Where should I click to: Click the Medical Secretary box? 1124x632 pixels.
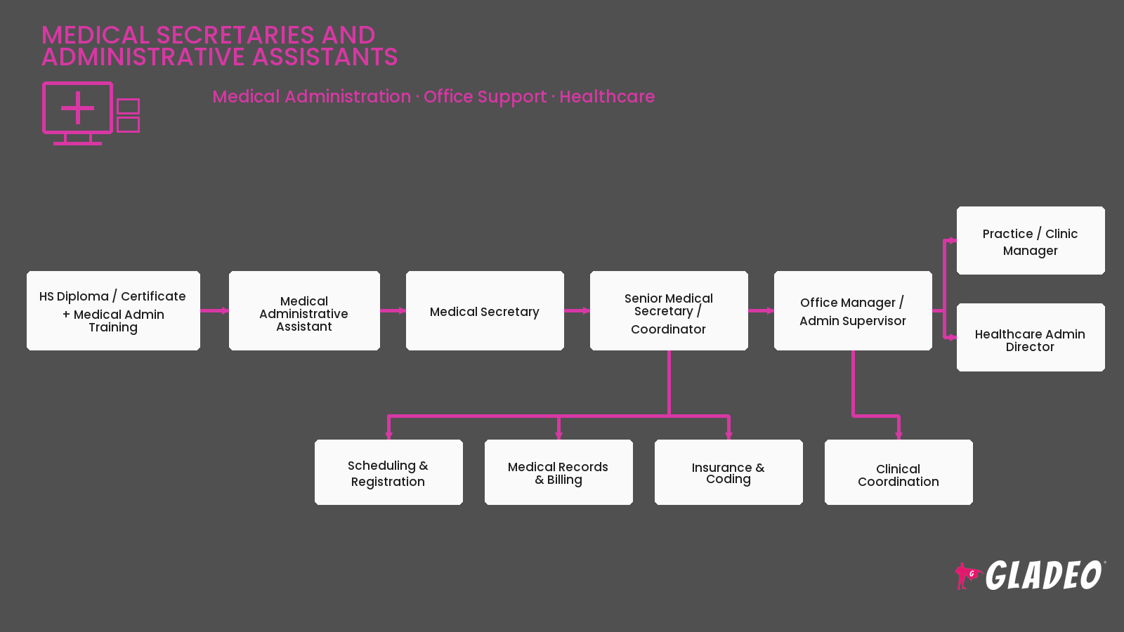[485, 311]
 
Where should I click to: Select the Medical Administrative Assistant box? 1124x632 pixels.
[304, 311]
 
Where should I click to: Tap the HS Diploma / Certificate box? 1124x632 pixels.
[113, 311]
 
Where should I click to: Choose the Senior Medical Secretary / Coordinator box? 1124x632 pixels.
[669, 311]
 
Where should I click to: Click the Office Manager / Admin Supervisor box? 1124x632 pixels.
[853, 311]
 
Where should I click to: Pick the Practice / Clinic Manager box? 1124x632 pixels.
[1031, 240]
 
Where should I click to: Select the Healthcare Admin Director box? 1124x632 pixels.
[1031, 337]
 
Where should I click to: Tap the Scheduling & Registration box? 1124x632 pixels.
[388, 472]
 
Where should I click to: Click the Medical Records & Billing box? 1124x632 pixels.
[558, 472]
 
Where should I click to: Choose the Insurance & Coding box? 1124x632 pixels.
[728, 472]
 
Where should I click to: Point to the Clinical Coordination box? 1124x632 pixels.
[898, 472]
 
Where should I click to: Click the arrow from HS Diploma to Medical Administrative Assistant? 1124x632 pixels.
[214, 311]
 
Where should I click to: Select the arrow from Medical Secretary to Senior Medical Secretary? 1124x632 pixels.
[577, 311]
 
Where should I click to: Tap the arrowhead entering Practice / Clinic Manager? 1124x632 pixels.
[953, 241]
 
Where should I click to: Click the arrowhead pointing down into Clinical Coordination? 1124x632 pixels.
[898, 435]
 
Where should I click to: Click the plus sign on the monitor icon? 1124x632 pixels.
[77, 108]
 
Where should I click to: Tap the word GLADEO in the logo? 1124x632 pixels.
[1044, 575]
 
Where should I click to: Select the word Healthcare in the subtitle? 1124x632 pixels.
[607, 96]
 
